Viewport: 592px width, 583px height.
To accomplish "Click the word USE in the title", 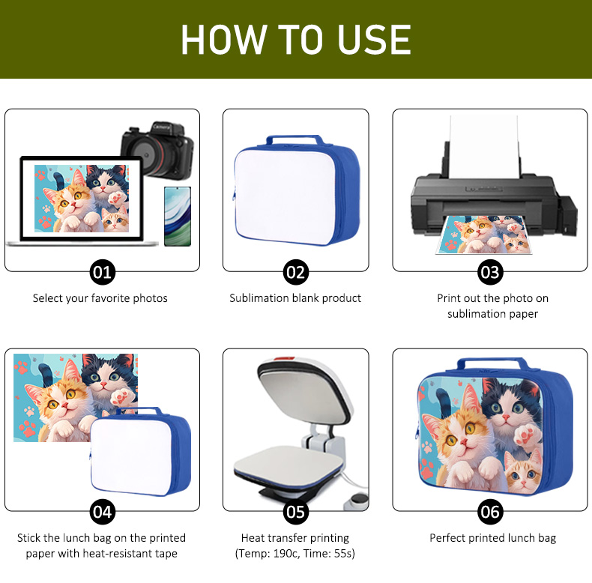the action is tap(374, 39).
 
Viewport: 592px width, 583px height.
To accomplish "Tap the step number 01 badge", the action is tap(102, 272).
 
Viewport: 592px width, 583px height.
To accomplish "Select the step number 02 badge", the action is tap(295, 272).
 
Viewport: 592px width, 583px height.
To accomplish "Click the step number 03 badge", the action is tap(490, 272).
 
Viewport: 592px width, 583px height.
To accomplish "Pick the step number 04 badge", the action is tap(102, 512).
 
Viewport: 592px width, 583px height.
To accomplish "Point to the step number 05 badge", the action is tap(295, 512).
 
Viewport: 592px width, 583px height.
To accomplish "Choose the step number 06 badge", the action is tap(490, 512).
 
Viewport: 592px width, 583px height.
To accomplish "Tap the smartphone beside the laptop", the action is tap(178, 217).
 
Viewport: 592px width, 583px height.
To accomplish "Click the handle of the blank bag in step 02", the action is tap(295, 139).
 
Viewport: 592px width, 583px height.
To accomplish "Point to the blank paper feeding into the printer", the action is tap(484, 147).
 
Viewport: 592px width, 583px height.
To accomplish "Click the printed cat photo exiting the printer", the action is tap(484, 235).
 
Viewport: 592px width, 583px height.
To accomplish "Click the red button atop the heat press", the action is tap(284, 358).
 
